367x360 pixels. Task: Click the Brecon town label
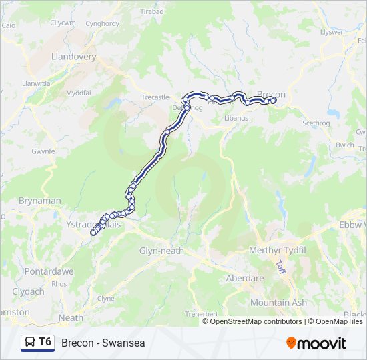[272, 95]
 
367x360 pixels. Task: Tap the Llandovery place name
[73, 57]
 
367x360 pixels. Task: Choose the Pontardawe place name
[48, 272]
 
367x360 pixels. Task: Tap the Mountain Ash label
[279, 303]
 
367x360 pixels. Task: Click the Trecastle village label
[155, 97]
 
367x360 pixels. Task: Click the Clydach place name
[28, 291]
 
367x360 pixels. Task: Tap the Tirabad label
[151, 12]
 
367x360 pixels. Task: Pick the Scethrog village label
[316, 123]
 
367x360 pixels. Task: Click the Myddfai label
[77, 92]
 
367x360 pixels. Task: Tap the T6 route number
[45, 342]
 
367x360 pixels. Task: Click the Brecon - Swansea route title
[103, 343]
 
